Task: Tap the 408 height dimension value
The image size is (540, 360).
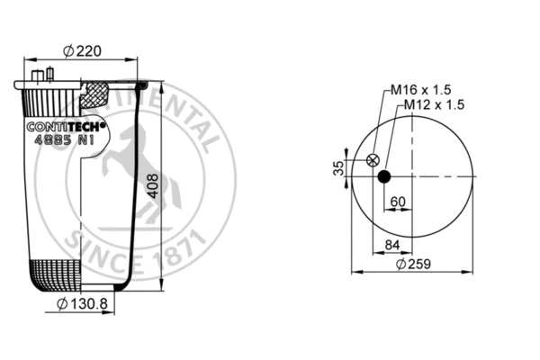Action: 153,186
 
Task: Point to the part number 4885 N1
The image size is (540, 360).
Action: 63,140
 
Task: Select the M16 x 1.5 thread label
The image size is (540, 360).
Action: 420,90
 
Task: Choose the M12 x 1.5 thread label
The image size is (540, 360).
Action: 434,104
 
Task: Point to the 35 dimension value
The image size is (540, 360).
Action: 338,168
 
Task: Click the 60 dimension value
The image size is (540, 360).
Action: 398,201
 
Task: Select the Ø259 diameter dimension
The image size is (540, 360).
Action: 412,265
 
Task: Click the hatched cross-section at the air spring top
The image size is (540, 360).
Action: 96,92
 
